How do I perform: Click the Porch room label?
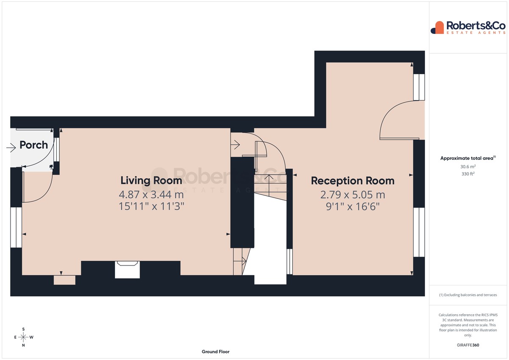(x=34, y=145)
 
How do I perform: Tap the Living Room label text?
(x=151, y=181)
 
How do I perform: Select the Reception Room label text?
(x=352, y=181)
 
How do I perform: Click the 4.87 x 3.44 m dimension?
(x=151, y=195)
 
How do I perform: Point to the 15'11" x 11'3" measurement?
(x=151, y=207)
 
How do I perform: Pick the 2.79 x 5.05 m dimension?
(x=352, y=195)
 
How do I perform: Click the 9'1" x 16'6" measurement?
(x=352, y=207)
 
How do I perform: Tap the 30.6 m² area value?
(x=468, y=167)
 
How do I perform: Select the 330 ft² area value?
(x=468, y=174)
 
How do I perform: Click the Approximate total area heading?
(x=468, y=158)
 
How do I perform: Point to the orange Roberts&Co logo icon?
(x=437, y=28)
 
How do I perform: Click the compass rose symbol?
(x=23, y=337)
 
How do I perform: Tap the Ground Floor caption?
(x=215, y=352)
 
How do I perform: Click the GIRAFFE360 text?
(x=468, y=345)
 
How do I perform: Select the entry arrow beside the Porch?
(x=11, y=148)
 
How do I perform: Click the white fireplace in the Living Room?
(x=127, y=270)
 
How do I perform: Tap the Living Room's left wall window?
(x=16, y=227)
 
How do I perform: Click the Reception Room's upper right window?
(x=419, y=87)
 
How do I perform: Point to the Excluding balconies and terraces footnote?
(x=468, y=295)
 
